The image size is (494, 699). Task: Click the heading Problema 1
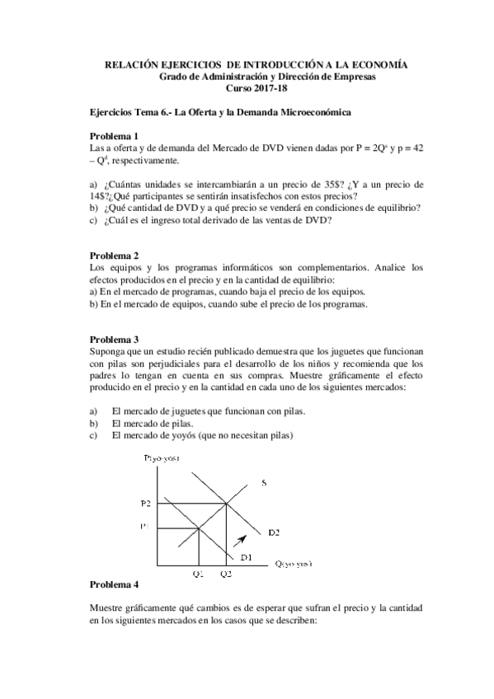coord(114,135)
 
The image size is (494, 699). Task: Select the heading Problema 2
coord(114,256)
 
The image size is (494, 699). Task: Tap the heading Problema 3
coord(114,340)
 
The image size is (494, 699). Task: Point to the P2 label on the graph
coord(147,503)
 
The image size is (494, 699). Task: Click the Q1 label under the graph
coord(198,573)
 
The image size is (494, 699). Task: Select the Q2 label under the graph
coord(227,573)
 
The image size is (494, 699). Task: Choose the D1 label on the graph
coord(256,558)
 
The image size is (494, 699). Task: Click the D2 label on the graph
coord(273,533)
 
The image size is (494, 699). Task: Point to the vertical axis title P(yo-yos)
coord(162,457)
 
